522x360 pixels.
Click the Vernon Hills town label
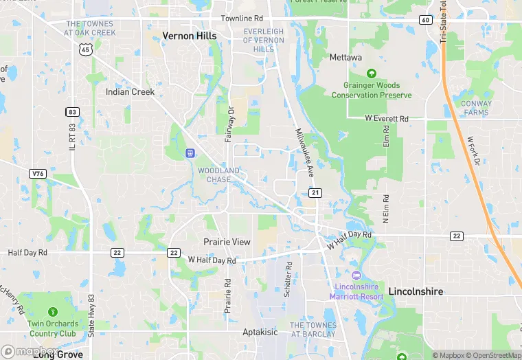pos(189,36)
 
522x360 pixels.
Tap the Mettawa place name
pos(345,58)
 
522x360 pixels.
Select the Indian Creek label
pos(130,91)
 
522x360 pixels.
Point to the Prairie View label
pos(227,242)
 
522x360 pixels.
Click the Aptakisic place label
pos(260,332)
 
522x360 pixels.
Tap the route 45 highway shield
pos(85,49)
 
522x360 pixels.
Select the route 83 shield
pos(73,112)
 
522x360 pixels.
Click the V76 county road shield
pos(38,174)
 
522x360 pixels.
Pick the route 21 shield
pos(315,193)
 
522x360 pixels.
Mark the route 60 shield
pos(426,20)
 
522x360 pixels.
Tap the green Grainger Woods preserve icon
pos(372,74)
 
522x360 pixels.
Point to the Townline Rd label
pos(242,18)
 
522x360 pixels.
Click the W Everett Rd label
pos(387,118)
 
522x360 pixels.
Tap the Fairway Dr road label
pos(231,124)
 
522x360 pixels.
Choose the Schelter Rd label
pos(288,278)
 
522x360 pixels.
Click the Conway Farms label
pos(476,108)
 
